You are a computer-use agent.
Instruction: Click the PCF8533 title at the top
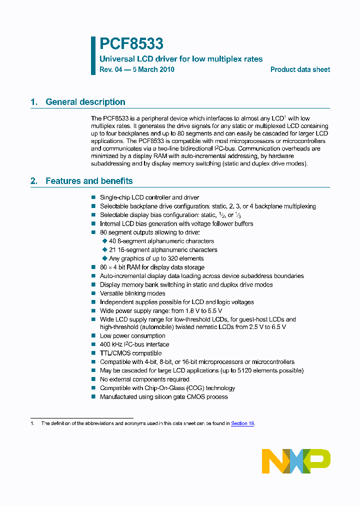[131, 44]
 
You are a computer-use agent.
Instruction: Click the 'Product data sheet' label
[300, 69]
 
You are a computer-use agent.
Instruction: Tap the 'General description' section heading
[85, 102]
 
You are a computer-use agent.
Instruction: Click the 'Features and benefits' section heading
[89, 181]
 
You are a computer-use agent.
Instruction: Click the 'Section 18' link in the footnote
[242, 423]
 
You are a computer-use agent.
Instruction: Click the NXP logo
[296, 460]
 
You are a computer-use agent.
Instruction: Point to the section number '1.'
[34, 102]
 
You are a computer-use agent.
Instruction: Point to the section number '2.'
[34, 181]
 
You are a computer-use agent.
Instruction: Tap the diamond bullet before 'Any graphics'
[105, 258]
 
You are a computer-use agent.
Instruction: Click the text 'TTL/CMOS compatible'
[130, 353]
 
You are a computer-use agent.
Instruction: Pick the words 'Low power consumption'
[132, 335]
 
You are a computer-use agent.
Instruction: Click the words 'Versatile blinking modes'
[132, 293]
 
